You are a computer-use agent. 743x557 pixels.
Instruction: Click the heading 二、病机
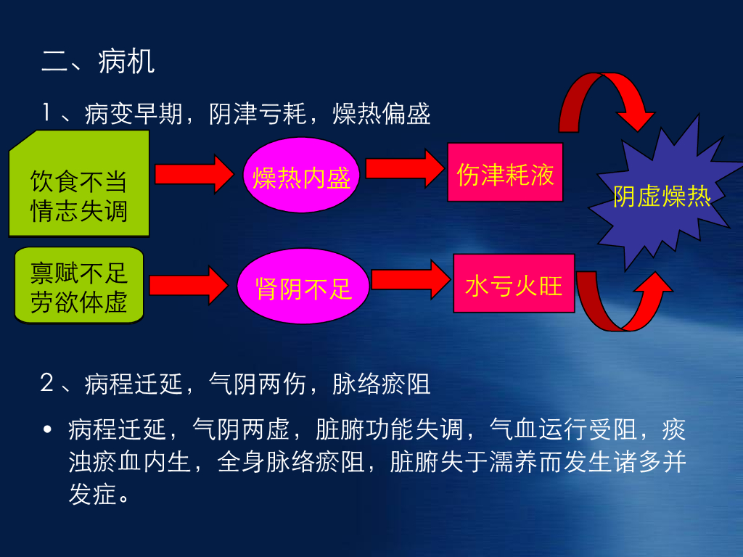(x=98, y=62)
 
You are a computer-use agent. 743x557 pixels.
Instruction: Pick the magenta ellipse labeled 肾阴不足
(x=303, y=288)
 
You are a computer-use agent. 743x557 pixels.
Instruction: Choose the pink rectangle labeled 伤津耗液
(x=505, y=173)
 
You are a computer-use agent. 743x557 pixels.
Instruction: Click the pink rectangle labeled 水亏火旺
(x=514, y=284)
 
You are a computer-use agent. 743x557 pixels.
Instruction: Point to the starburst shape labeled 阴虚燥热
(x=662, y=196)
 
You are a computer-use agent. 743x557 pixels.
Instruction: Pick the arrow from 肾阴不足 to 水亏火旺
(x=411, y=278)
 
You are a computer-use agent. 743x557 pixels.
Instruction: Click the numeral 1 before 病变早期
(x=48, y=113)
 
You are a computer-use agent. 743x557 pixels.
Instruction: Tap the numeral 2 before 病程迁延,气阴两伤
(x=48, y=384)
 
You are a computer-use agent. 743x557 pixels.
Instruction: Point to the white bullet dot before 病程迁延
(x=48, y=430)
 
